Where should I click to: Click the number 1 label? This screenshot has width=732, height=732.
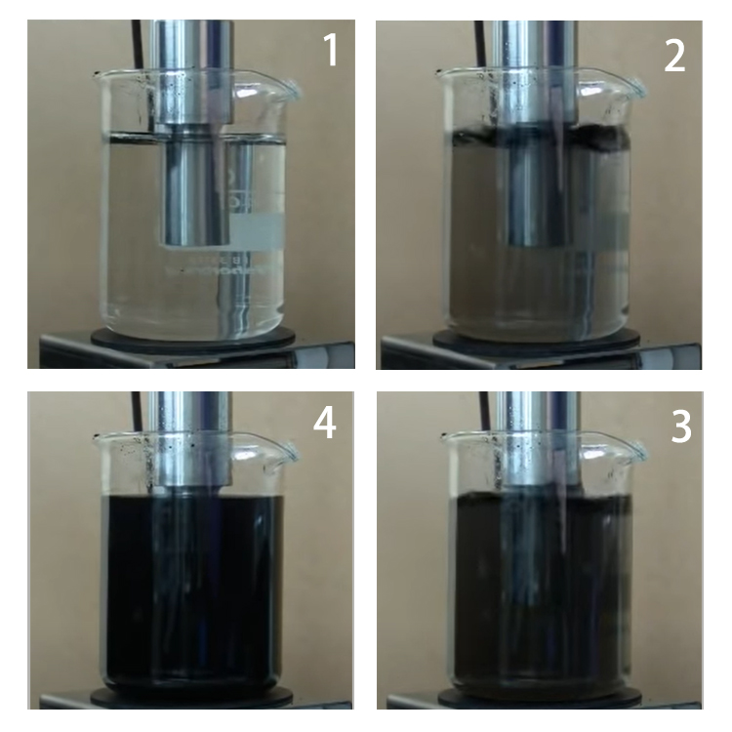click(331, 51)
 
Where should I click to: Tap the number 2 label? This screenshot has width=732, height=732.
click(674, 57)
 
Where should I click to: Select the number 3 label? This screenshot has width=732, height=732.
click(680, 427)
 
